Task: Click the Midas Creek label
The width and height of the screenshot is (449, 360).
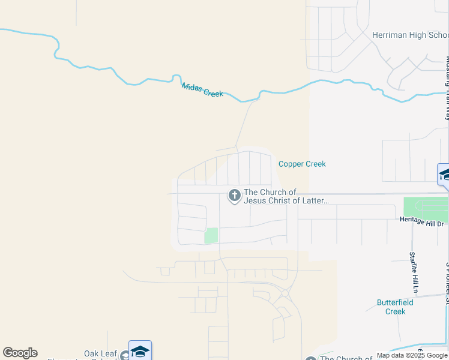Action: pyautogui.click(x=202, y=90)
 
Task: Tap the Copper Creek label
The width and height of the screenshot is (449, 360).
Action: pyautogui.click(x=302, y=164)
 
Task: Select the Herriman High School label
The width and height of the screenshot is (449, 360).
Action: pyautogui.click(x=410, y=35)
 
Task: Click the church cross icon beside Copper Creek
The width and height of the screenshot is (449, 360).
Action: pyautogui.click(x=234, y=195)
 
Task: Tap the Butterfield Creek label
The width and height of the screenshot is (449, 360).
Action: pyautogui.click(x=395, y=307)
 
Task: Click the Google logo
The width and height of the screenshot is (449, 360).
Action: pyautogui.click(x=20, y=353)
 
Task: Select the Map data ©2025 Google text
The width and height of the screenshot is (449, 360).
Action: pyautogui.click(x=412, y=355)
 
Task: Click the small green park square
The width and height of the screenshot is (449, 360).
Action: pyautogui.click(x=211, y=235)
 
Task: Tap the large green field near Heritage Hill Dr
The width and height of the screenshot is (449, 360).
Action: pyautogui.click(x=426, y=209)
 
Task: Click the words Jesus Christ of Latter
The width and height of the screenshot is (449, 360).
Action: pyautogui.click(x=286, y=200)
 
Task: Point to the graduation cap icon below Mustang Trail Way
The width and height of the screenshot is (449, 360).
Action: pyautogui.click(x=445, y=175)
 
